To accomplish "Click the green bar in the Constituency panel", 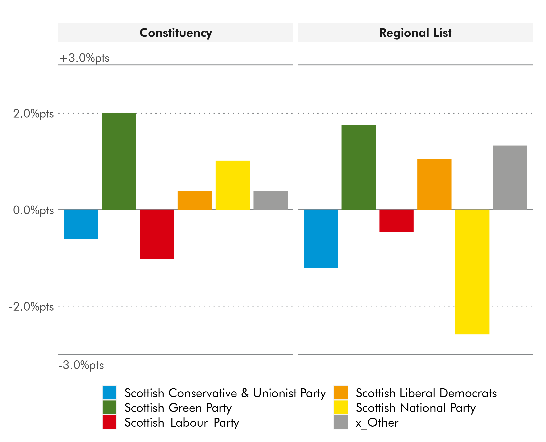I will pos(119,161).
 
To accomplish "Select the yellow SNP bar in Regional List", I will pos(472,272).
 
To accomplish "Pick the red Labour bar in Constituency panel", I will pos(157,234).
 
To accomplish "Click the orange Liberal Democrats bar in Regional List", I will pos(434,184).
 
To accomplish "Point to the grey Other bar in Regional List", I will pos(510,177).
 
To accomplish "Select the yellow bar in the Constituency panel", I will pos(232,185).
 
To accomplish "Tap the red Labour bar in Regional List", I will pos(396,221).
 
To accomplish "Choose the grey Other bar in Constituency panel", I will pos(270,200).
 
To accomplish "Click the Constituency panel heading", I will pos(176,33).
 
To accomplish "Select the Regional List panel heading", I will pos(415,33).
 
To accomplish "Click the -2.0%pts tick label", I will pos(31,307).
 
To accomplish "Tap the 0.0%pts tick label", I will pos(33,210).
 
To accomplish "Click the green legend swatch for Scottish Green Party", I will pos(109,407).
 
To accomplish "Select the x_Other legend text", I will pos(377,422).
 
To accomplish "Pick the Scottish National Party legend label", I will pos(415,408).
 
